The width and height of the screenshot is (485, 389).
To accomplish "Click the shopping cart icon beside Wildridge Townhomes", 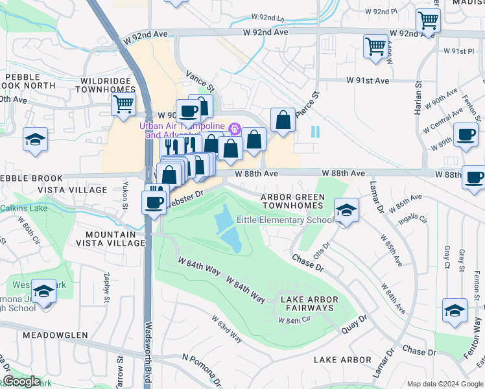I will point(123,104).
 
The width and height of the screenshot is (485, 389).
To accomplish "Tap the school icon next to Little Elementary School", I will point(346,210).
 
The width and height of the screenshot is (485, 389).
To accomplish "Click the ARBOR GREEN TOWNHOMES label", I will point(292,201).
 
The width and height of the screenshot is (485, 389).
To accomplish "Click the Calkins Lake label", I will point(23,208).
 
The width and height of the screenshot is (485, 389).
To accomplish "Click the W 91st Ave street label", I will point(368,80).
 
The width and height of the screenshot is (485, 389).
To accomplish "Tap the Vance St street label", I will point(200,81).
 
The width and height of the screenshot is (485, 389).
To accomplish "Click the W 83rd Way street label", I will point(227,329).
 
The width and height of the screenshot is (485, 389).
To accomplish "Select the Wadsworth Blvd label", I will point(148,353).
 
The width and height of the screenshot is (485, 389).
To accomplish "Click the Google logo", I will point(21,381).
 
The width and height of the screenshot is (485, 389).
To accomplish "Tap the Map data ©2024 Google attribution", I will point(444,384).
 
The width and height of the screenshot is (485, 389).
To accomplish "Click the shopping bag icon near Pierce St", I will point(283,120).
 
